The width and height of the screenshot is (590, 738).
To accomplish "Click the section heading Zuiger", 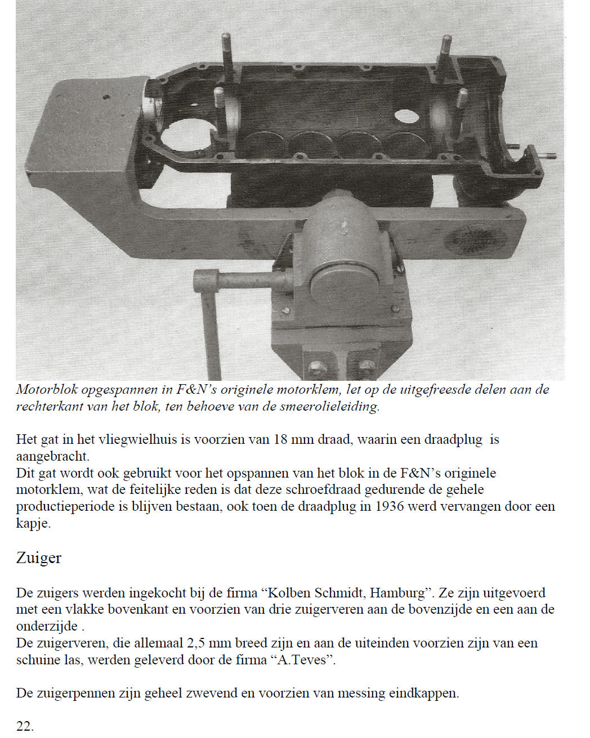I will (x=38, y=558).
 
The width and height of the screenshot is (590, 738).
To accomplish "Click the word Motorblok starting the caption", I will (x=47, y=389).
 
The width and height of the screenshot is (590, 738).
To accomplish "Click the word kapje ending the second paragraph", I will (x=33, y=523).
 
